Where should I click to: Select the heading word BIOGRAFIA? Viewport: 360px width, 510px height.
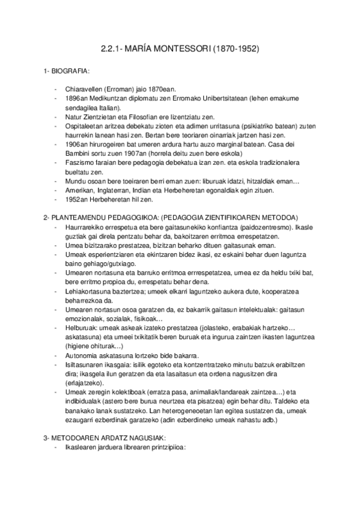click(71, 72)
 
